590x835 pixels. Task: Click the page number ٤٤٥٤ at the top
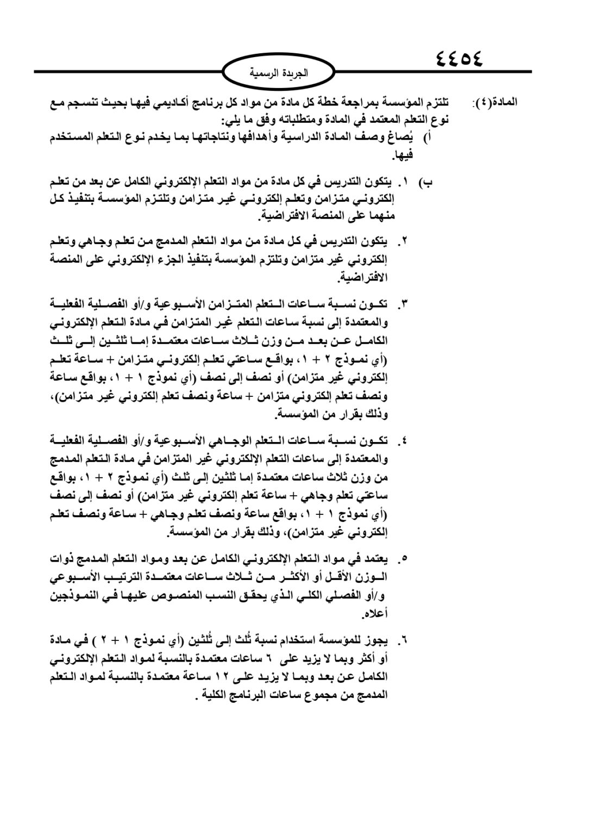459,58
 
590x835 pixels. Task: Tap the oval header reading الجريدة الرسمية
279,72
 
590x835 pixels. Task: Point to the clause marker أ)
428,138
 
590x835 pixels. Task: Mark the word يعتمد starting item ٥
374,558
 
